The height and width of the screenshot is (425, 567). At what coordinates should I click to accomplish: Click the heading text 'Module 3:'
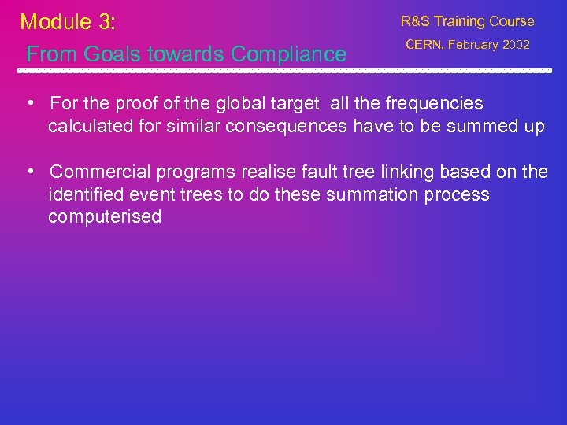(68, 21)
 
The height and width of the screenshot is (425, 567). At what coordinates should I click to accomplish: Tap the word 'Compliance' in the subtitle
(288, 54)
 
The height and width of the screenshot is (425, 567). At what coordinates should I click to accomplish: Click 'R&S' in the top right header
(416, 21)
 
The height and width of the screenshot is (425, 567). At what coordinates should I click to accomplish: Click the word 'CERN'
(423, 45)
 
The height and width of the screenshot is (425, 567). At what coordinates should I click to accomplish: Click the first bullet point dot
(28, 104)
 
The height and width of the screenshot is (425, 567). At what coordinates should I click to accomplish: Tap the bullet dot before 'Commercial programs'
(28, 172)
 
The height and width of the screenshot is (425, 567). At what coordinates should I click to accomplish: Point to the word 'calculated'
(88, 126)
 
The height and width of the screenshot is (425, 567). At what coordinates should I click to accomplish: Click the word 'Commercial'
(97, 172)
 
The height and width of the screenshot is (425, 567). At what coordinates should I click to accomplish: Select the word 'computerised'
(105, 217)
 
